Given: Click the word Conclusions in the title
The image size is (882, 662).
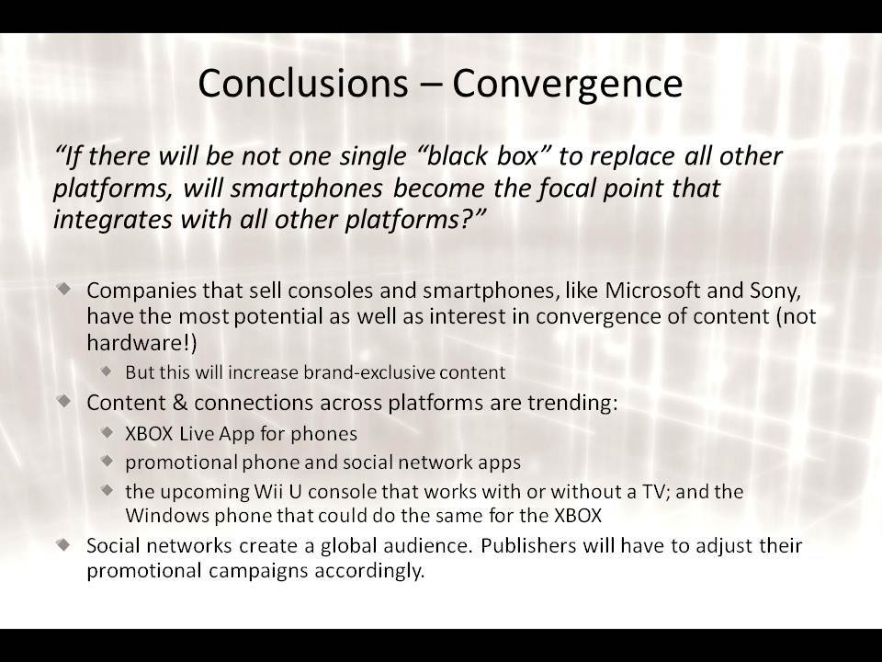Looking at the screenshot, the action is point(302,83).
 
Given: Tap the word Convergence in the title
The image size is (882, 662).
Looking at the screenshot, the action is point(568,85).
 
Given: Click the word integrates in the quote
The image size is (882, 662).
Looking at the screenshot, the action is point(112,220).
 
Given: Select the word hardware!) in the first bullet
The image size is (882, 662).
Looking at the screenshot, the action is point(141,343).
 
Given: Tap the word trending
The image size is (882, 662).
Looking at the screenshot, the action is point(572,403).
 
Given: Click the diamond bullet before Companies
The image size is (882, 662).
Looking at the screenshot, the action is point(64,288).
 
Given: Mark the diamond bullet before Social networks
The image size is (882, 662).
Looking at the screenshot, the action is point(64,543).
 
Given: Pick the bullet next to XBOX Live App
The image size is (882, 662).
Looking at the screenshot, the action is point(107,432).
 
